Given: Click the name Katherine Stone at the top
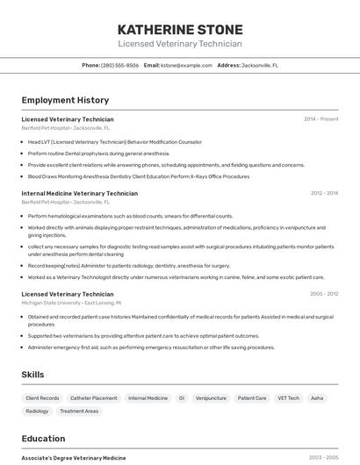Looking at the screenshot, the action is coord(180,29).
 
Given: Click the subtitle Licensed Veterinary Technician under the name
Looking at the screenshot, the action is coord(180,44).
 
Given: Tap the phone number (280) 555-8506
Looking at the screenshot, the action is coord(119,65).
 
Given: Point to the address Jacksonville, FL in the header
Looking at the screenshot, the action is coord(260,65).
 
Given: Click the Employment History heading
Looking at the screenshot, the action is coord(65,100).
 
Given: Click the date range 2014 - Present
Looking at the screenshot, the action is coord(320,119).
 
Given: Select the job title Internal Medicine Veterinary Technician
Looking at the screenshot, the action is coord(79,193).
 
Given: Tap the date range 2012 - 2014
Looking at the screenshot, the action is coord(324,193).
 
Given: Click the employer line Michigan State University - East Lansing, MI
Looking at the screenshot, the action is coord(71,303).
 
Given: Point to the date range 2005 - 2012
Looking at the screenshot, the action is coord(324,294).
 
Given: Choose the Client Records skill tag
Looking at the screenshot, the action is coord(42,398).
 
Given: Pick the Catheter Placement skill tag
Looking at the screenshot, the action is coord(93,398).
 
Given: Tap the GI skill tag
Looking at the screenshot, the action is coord(182,398).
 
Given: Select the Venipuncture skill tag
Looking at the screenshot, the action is coord(211,398).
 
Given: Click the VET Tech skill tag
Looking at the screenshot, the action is coord(288,398).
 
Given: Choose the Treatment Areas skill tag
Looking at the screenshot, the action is coord(79,411).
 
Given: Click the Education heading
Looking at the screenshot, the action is coord(43,439).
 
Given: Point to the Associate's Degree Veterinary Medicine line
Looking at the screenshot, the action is coord(73,458).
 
